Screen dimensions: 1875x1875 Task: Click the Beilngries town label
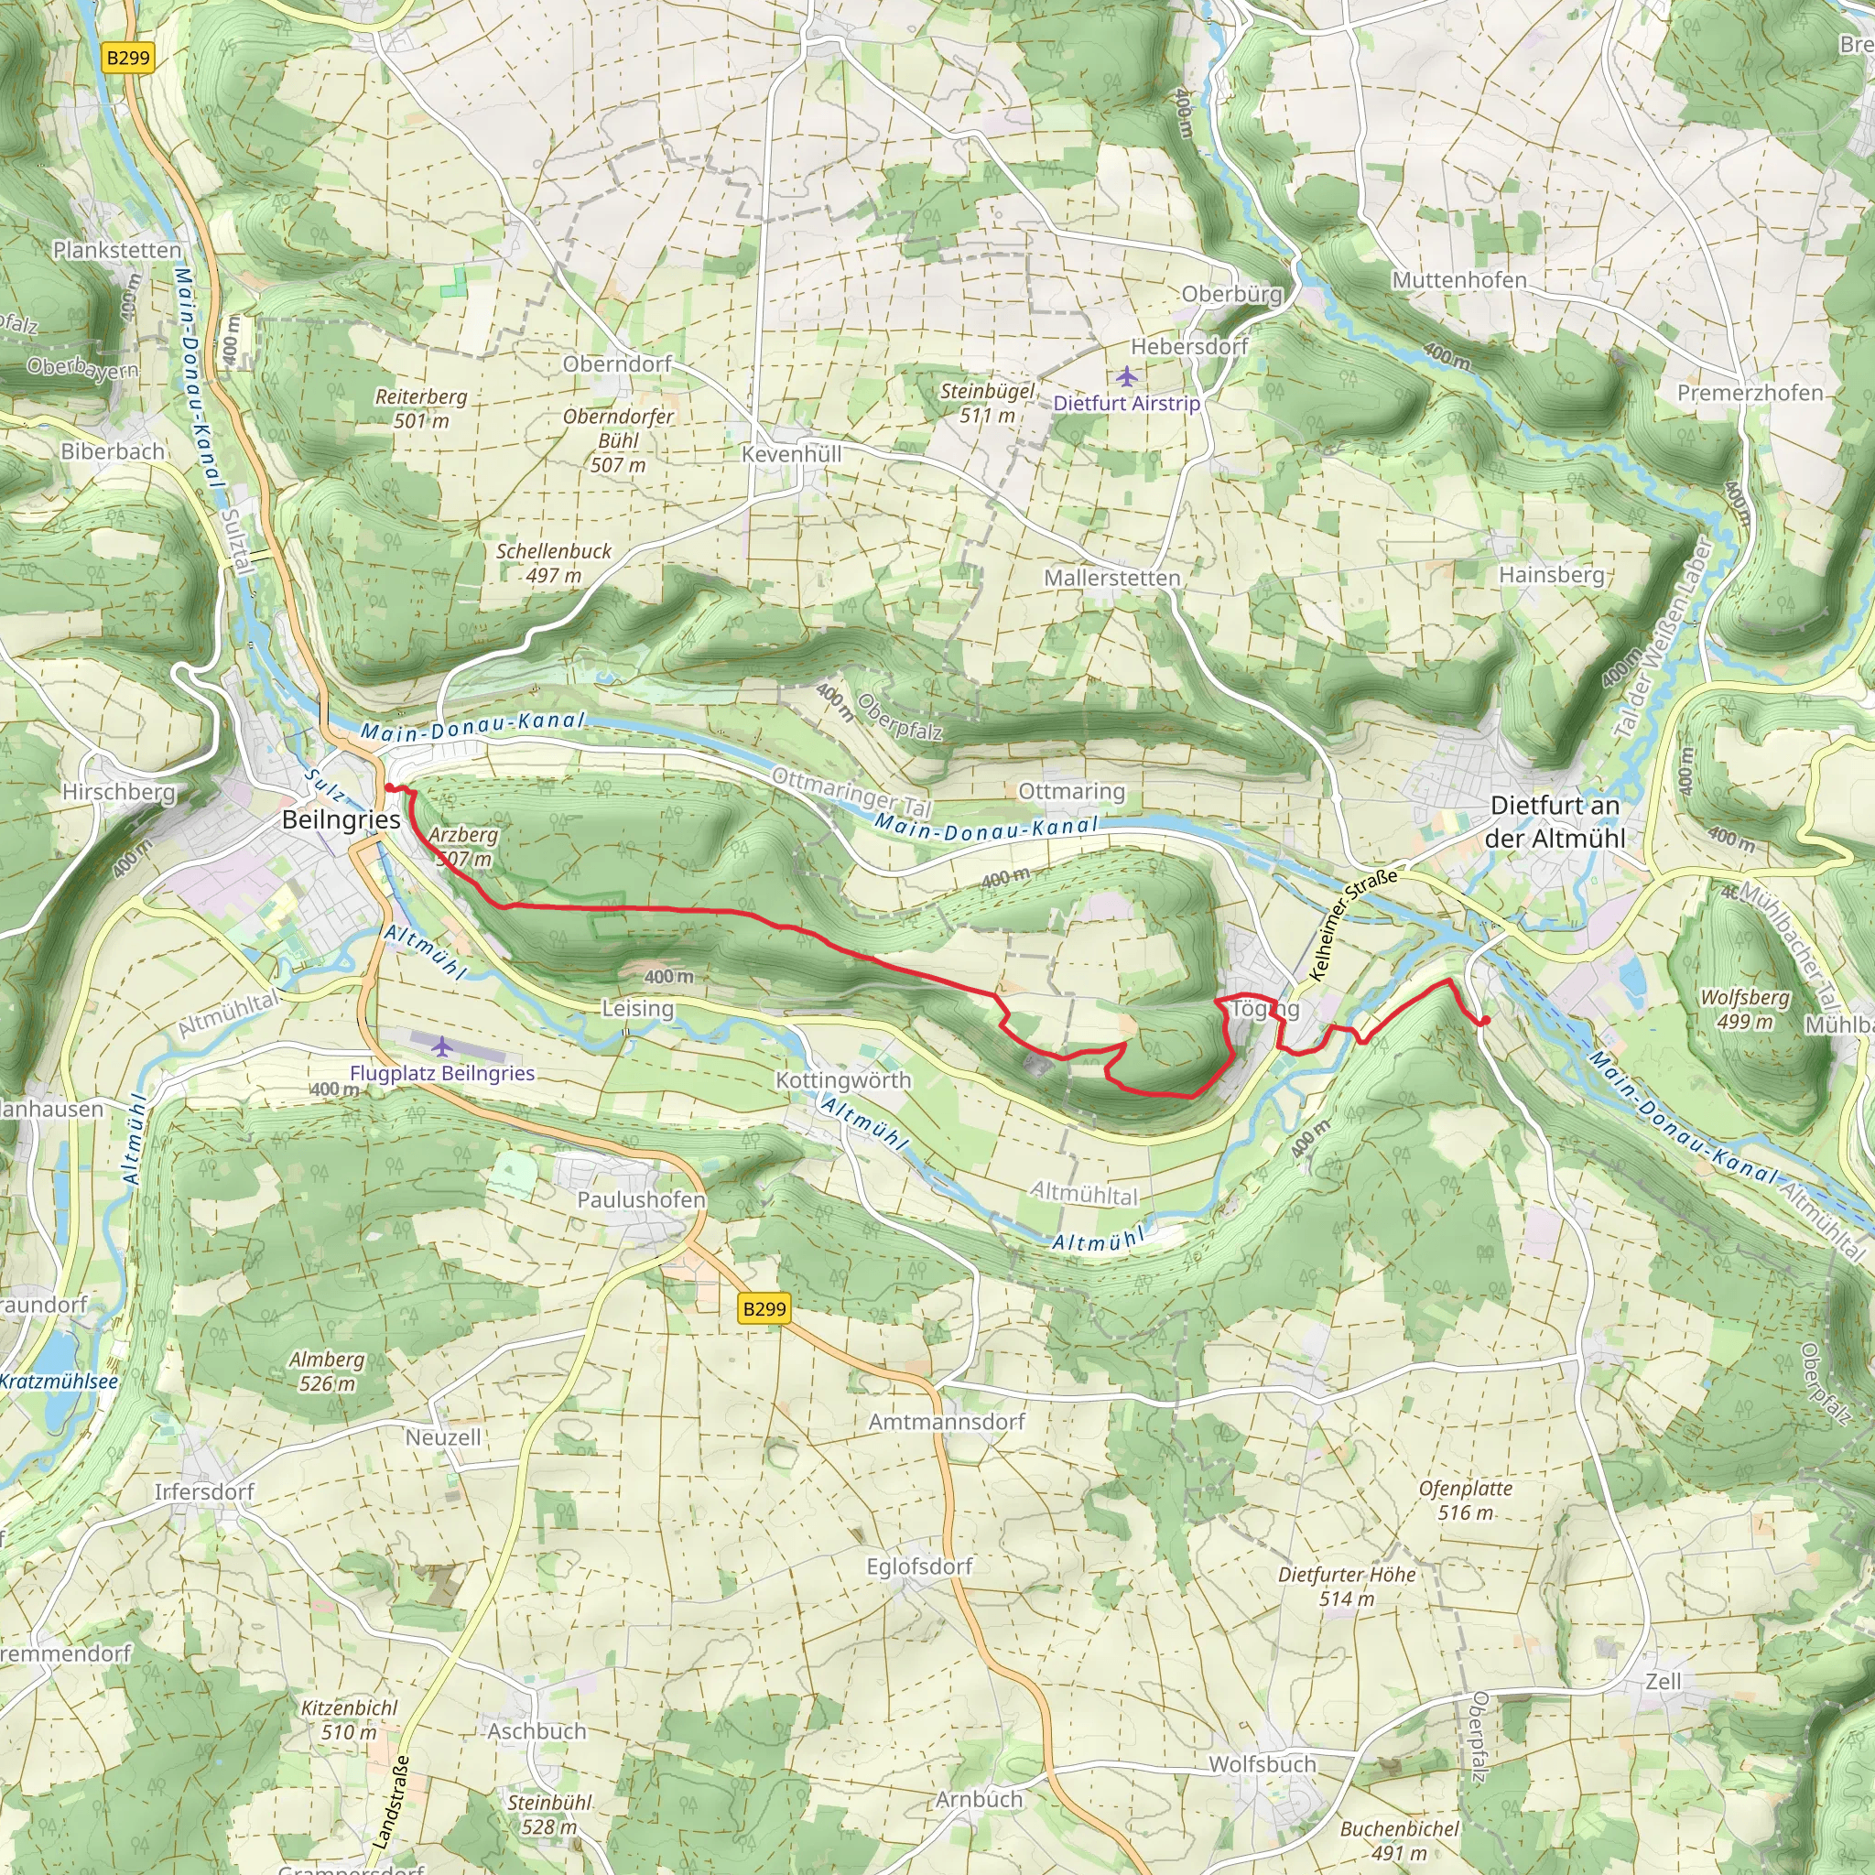click(x=341, y=819)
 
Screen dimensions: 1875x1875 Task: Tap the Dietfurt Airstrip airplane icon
click(x=1126, y=375)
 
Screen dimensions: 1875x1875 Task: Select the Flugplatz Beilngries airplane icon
click(x=441, y=1046)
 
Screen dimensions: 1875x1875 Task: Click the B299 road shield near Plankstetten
click(x=128, y=58)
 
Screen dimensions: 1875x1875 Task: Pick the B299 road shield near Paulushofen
click(x=764, y=1308)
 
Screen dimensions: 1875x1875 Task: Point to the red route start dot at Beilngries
click(x=389, y=788)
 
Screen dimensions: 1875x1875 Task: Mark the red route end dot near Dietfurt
click(x=1485, y=1020)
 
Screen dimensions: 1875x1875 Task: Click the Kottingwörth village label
click(x=842, y=1080)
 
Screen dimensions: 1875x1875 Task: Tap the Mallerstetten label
click(x=1112, y=578)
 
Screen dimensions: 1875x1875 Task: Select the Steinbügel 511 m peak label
click(x=987, y=403)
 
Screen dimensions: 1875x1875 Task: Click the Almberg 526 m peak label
click(x=327, y=1371)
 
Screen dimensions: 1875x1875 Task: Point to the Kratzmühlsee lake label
click(x=59, y=1381)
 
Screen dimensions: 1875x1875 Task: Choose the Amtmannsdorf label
click(x=947, y=1422)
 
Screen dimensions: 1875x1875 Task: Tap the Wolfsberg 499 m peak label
click(x=1744, y=1009)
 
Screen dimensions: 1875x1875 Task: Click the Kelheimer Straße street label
click(x=1354, y=924)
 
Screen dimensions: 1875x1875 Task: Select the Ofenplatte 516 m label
click(x=1466, y=1501)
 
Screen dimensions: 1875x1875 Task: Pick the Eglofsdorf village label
click(x=919, y=1566)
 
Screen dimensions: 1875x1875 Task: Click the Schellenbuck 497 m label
click(x=554, y=563)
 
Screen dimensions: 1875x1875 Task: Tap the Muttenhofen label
click(x=1458, y=279)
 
